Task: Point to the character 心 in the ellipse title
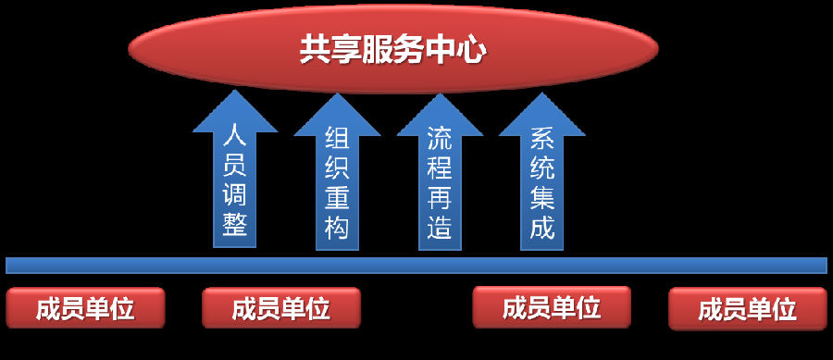pos(472,50)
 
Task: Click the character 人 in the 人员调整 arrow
pos(235,140)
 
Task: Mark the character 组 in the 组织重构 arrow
pos(337,140)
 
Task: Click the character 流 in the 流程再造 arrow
pos(440,140)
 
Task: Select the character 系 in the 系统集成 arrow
pos(541,140)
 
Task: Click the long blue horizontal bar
pos(416,266)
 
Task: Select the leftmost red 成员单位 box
pos(85,308)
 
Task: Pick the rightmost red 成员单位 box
pos(747,308)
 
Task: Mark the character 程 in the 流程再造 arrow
pos(440,168)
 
